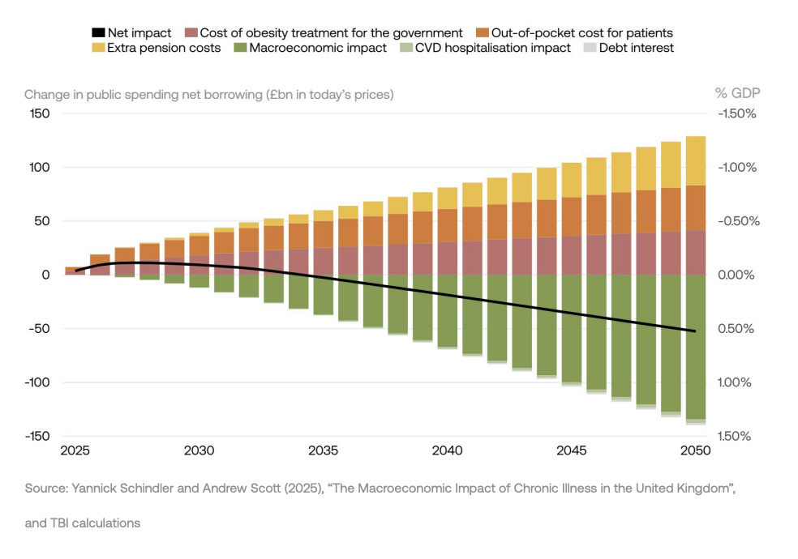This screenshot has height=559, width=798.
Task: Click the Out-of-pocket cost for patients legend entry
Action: coord(575,33)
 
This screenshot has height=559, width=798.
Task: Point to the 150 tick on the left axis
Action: coord(40,114)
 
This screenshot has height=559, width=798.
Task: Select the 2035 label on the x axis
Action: coord(324,451)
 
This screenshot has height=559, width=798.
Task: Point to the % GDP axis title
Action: coord(737,94)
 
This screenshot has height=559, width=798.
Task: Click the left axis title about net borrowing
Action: coord(208,94)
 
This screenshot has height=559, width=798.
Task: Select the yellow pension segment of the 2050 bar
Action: coord(695,160)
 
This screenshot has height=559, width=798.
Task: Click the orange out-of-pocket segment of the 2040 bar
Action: coord(448,225)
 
